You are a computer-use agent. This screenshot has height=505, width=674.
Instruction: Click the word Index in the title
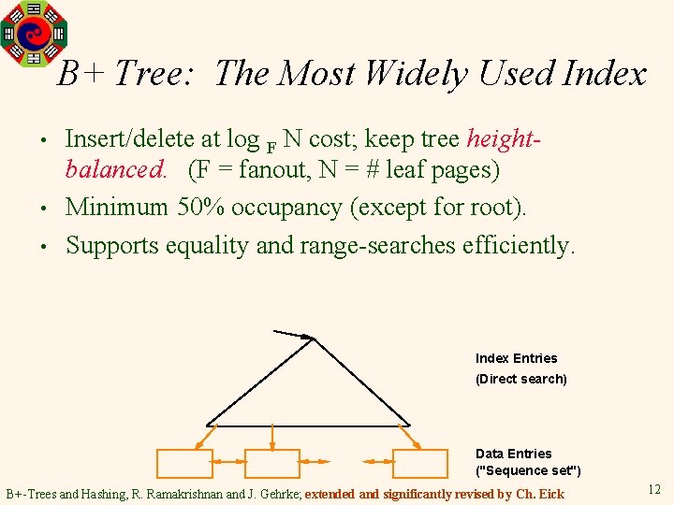(604, 73)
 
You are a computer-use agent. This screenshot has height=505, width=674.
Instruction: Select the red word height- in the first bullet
(505, 139)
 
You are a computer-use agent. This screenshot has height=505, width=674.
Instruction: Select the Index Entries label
(516, 358)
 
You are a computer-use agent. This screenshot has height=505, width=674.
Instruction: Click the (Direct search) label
(521, 379)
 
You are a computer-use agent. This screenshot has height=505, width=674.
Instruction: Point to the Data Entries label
(514, 454)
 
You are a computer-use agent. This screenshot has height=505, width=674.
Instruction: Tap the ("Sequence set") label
(528, 470)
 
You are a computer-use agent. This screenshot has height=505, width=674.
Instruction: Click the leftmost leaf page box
(183, 464)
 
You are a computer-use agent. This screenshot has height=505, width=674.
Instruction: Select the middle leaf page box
(271, 464)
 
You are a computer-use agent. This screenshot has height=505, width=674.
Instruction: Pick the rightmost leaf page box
(420, 464)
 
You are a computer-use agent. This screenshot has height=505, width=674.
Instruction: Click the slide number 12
(653, 488)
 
